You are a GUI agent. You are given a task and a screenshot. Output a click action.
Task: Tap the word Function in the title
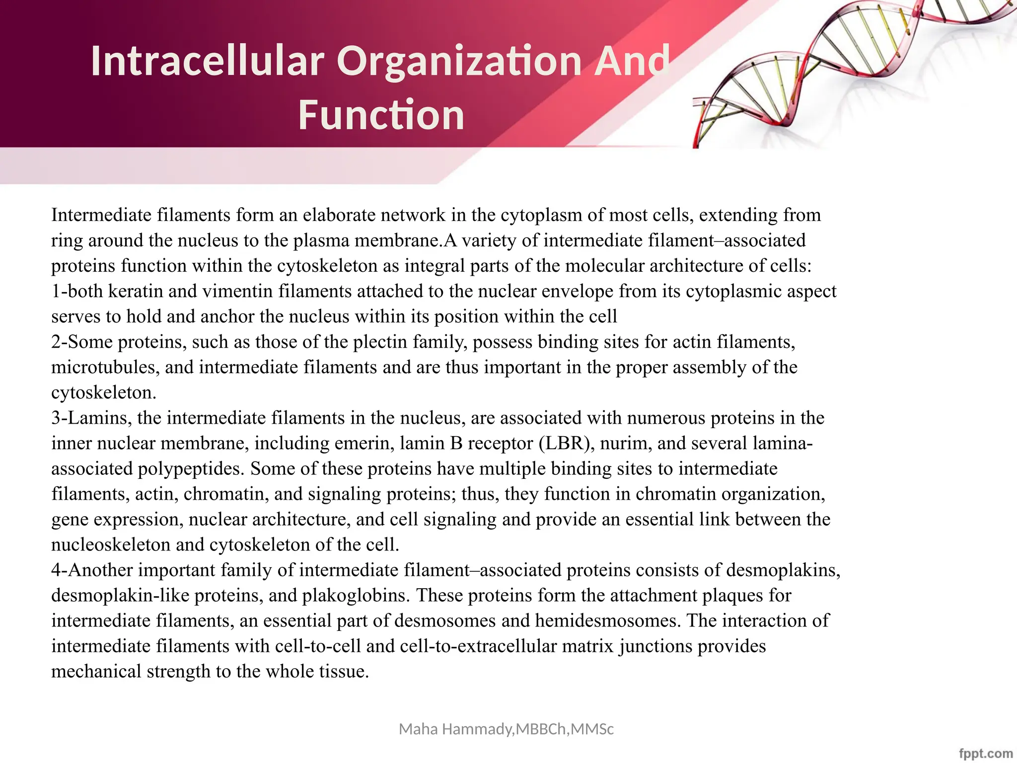pos(381,115)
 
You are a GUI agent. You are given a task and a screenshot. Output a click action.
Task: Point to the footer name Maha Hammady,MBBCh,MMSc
pos(506,729)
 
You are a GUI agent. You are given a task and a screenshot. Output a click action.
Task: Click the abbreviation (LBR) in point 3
pos(567,443)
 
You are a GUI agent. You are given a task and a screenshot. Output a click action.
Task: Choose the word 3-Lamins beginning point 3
pos(91,418)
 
